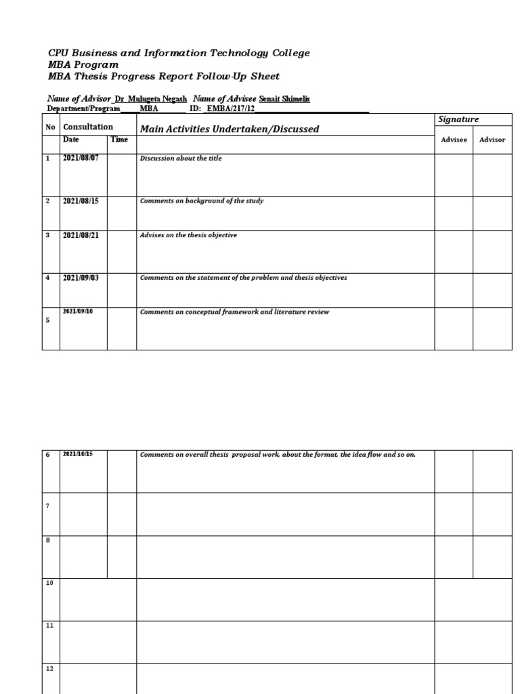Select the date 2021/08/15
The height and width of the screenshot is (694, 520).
(81, 201)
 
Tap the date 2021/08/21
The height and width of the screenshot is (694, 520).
(81, 235)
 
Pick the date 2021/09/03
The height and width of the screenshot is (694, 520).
(81, 278)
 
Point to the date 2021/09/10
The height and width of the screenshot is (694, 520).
(78, 311)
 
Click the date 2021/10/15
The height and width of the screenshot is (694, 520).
(78, 454)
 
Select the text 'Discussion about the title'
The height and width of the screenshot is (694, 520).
(181, 159)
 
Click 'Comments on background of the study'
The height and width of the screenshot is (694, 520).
(202, 201)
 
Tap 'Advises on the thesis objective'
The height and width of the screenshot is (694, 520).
(188, 235)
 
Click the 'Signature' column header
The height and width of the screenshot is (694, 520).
(458, 119)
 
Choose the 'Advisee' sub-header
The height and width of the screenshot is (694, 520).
(454, 140)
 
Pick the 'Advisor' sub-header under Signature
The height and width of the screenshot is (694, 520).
(492, 140)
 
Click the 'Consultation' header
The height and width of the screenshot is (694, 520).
(88, 127)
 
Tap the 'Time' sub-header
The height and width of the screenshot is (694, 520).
(119, 140)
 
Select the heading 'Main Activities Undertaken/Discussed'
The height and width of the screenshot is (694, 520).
(229, 129)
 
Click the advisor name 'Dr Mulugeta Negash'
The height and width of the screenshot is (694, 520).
(151, 99)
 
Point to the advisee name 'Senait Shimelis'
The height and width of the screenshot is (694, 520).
(284, 99)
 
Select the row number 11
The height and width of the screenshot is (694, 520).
(49, 625)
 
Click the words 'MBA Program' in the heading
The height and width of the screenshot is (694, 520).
(83, 65)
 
